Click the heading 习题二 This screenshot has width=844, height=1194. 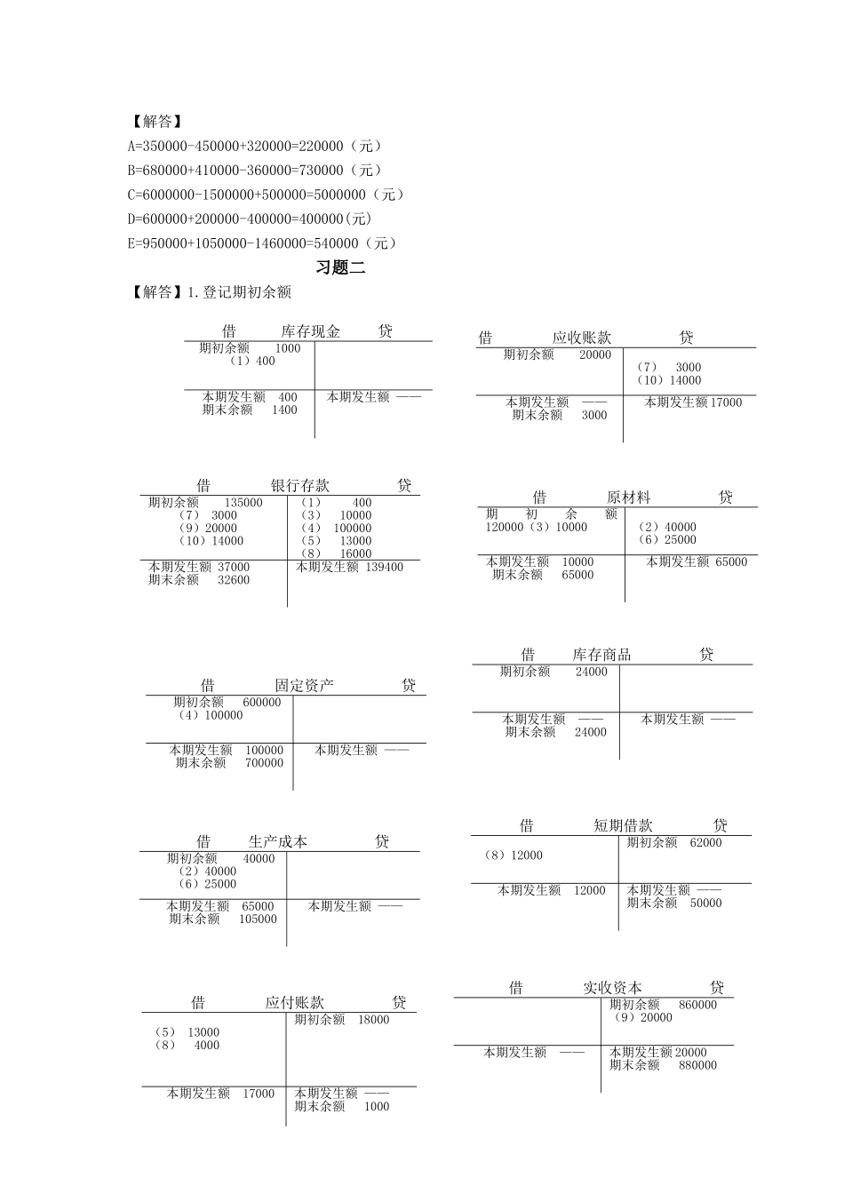pos(340,267)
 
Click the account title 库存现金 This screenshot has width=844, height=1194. pos(310,331)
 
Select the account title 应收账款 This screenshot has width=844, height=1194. pos(581,338)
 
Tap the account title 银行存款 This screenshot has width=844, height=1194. pos(299,486)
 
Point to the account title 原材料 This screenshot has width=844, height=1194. pos(628,497)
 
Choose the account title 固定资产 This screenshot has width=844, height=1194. pos(304,686)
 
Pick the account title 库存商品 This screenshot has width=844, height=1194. pos(601,655)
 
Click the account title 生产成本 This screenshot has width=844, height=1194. pos(277,841)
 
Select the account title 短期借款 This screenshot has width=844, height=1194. pos(623,825)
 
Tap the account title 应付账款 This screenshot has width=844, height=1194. pos(294,1003)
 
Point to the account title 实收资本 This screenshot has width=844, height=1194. pos(612,988)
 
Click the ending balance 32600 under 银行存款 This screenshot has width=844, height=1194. pos(234,580)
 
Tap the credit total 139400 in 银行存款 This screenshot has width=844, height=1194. pos(384,567)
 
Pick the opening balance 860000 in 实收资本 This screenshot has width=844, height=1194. pos(697,1005)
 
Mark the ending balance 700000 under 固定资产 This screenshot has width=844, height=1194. pos(264,763)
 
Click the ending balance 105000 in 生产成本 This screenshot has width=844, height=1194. pos(258,919)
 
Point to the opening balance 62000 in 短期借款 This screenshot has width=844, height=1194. pos(705,843)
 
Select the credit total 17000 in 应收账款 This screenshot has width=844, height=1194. pos(726,402)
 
